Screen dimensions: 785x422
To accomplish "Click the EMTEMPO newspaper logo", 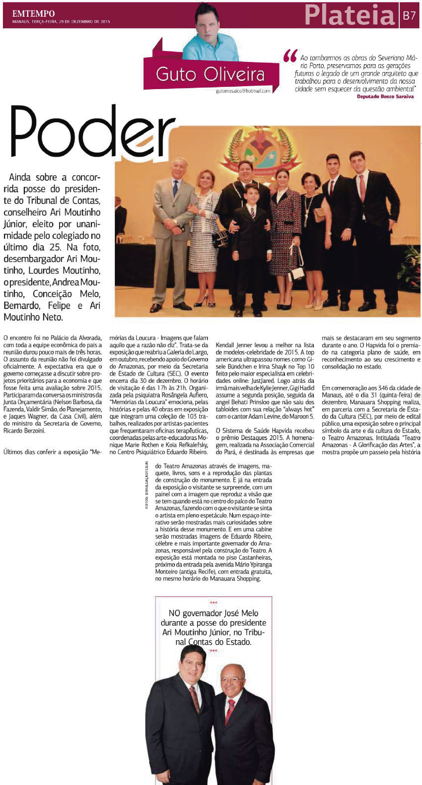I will point(33,13).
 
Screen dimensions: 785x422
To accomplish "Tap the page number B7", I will point(409,15).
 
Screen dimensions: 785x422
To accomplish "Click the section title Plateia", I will point(350,15).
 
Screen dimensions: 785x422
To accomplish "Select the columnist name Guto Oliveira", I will point(210,74).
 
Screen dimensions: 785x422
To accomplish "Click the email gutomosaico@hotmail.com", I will point(243,91).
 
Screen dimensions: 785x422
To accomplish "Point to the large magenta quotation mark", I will point(290,56).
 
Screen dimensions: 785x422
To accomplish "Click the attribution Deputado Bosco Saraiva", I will point(385,97).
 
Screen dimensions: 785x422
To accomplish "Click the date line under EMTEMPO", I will point(61,22).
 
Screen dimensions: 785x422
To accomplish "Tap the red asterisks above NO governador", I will point(213,602).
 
